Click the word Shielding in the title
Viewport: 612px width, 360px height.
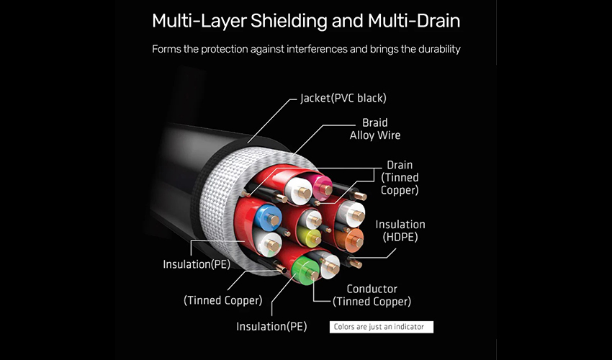(289, 21)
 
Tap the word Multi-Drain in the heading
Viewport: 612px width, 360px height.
(414, 20)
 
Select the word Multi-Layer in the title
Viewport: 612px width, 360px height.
(199, 21)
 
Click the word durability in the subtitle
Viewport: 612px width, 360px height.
(439, 49)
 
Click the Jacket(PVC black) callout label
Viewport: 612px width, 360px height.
(343, 98)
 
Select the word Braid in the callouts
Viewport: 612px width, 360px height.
(374, 122)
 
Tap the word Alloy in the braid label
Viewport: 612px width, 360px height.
(361, 135)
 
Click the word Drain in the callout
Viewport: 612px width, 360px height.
(400, 165)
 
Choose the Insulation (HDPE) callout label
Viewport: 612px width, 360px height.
(400, 230)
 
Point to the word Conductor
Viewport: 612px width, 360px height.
(372, 289)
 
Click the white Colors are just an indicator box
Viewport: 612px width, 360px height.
(382, 327)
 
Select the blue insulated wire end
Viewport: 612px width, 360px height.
(268, 217)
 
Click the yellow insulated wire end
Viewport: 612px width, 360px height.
(309, 235)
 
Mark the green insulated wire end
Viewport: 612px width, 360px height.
(305, 270)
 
